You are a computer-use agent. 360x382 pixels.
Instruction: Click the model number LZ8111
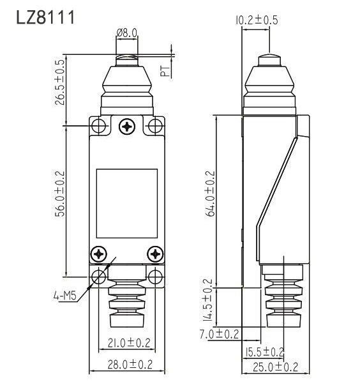click(46, 17)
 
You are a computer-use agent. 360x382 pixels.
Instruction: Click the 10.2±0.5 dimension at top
click(256, 20)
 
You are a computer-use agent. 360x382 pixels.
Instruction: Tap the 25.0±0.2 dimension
click(275, 367)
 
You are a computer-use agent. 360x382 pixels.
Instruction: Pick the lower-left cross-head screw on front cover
click(99, 254)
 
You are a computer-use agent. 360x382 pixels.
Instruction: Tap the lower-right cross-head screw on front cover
click(154, 254)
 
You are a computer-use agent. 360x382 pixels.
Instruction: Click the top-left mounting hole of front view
click(98, 125)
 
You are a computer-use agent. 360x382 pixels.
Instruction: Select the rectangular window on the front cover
click(126, 202)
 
